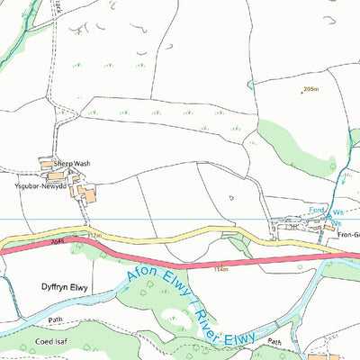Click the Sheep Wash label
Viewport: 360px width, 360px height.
(72, 164)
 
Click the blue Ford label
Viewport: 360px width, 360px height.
(316, 211)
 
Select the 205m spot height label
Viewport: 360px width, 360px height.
(312, 89)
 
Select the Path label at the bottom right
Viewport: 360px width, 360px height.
(274, 342)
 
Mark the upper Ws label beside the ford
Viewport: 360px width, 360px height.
(339, 211)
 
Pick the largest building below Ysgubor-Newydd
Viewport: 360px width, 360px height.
(86, 193)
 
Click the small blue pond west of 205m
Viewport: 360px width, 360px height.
(252, 85)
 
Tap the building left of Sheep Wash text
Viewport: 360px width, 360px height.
(47, 163)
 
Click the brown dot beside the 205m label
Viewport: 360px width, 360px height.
(301, 92)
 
